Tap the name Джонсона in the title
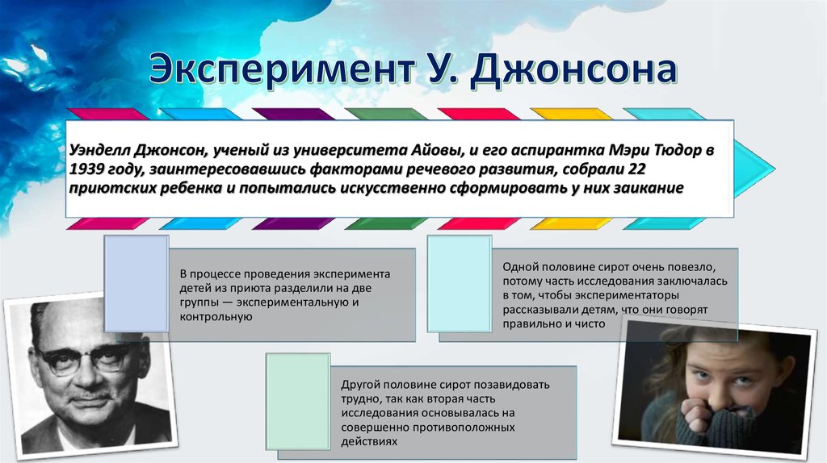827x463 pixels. click(573, 69)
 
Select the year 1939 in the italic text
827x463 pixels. click(86, 169)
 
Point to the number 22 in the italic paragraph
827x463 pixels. click(636, 169)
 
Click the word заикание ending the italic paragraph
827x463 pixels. click(649, 188)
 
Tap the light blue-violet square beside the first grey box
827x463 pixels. click(136, 283)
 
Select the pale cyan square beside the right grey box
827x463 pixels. click(460, 283)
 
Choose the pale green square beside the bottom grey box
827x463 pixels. click(298, 402)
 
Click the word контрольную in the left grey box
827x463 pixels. click(216, 317)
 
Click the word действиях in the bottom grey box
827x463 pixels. click(368, 441)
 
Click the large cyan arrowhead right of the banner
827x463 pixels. click(754, 169)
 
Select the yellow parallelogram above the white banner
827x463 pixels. click(571, 114)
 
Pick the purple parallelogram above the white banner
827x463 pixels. click(293, 114)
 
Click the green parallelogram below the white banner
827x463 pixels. click(386, 224)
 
